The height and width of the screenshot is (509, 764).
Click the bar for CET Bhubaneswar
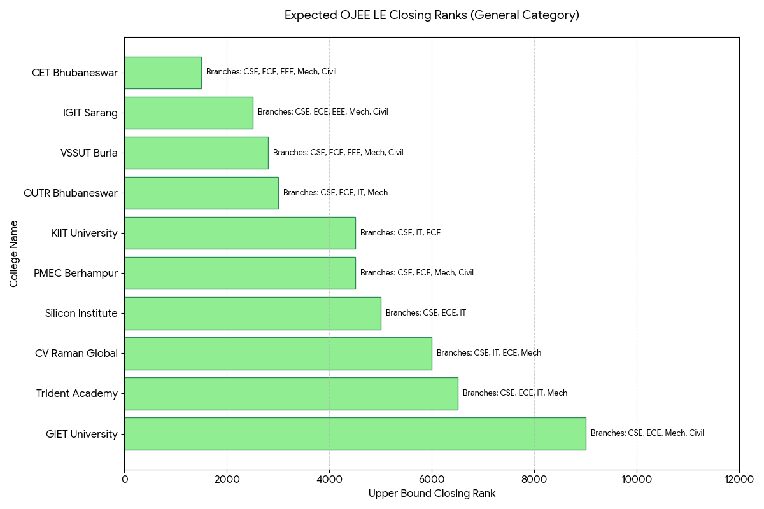coord(163,73)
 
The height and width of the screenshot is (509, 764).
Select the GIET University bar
coord(355,434)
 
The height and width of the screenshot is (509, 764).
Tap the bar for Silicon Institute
coord(253,313)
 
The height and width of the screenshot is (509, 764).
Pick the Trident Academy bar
coord(292,393)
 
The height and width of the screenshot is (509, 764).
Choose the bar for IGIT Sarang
coord(188,113)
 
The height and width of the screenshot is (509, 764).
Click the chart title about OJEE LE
coord(432,15)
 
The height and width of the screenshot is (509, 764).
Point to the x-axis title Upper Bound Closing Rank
coord(432,493)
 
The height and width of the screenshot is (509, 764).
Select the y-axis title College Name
coord(13,254)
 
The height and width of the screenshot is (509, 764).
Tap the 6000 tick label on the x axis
coord(432,479)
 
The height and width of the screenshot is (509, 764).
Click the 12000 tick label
coord(739,479)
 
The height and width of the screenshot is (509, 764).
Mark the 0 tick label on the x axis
coord(125,479)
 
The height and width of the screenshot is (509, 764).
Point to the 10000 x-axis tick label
coord(637,479)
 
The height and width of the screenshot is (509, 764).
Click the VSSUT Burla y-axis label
coord(89,153)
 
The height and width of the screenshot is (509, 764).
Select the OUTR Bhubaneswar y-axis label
coord(71,193)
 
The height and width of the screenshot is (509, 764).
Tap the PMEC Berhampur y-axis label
coord(76,274)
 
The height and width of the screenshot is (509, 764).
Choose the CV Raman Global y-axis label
coord(76,354)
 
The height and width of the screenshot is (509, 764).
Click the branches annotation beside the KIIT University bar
coord(400,232)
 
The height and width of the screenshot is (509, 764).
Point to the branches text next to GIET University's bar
coord(647,433)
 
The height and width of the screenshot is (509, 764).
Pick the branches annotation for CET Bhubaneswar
coord(271,72)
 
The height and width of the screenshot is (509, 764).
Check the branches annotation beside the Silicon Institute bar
coord(426,312)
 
